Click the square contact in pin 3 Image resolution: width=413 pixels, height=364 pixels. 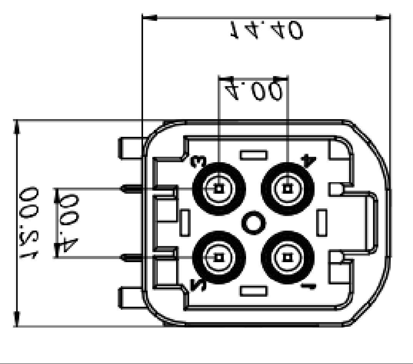pyautogui.click(x=219, y=189)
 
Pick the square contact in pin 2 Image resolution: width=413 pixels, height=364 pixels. pyautogui.click(x=219, y=257)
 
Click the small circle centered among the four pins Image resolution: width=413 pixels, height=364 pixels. pyautogui.click(x=253, y=223)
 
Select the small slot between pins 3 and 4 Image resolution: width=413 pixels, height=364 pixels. pyautogui.click(x=253, y=155)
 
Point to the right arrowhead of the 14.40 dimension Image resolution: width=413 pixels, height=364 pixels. pyautogui.click(x=383, y=18)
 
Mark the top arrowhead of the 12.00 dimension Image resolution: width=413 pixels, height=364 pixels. pyautogui.click(x=17, y=127)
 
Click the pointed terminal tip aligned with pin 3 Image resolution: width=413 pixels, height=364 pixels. pyautogui.click(x=125, y=188)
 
